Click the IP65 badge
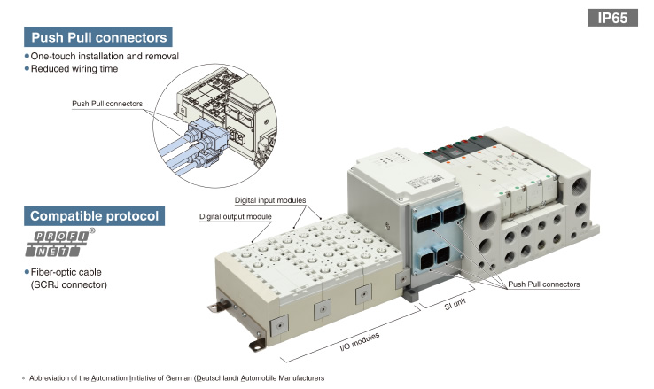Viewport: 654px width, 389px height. tap(612, 18)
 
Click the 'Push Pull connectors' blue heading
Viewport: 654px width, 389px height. tap(98, 37)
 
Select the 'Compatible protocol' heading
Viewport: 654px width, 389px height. tap(94, 215)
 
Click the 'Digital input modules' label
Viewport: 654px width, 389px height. tap(270, 200)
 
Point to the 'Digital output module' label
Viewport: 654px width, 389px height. tap(235, 217)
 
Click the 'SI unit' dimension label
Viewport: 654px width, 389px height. tap(455, 304)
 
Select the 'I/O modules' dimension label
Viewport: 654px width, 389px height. tap(360, 342)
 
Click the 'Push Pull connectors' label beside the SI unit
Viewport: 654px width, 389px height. tap(544, 284)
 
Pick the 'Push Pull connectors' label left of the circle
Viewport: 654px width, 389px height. tap(107, 104)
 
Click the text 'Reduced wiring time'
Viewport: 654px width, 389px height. tap(74, 69)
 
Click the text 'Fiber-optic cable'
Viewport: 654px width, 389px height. tap(66, 272)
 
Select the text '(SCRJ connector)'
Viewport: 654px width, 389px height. tap(69, 284)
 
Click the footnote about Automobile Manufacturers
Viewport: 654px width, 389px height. tap(176, 378)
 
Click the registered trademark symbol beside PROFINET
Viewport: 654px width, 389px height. tap(92, 230)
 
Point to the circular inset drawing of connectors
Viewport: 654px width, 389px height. tap(214, 126)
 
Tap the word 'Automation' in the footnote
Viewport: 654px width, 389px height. tap(109, 378)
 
